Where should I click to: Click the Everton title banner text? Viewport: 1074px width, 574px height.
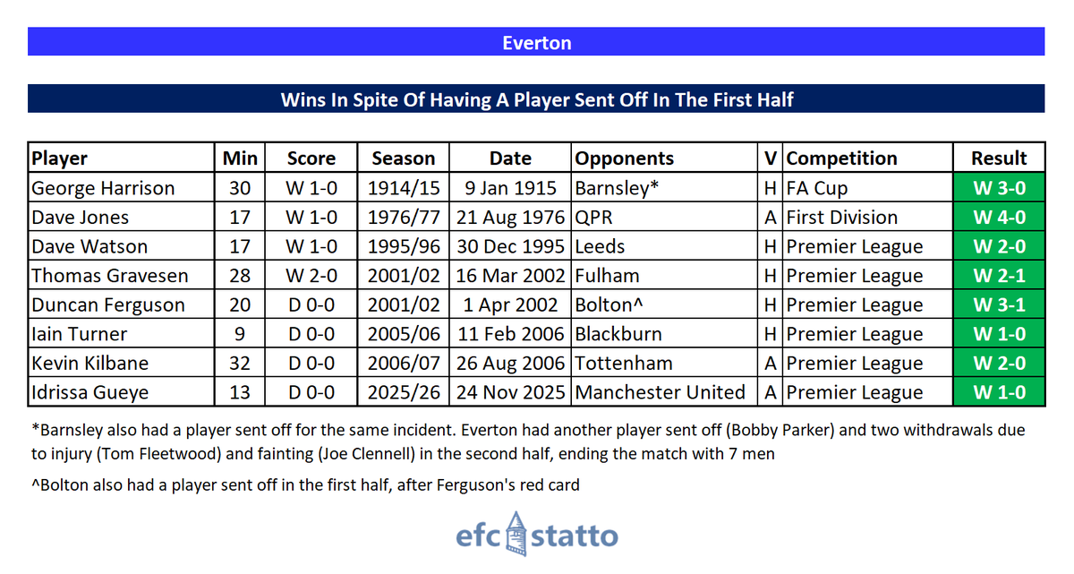click(536, 42)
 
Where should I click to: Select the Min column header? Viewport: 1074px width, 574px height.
click(240, 158)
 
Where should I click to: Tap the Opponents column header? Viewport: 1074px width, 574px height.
click(624, 158)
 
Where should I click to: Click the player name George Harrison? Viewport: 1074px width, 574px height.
click(103, 188)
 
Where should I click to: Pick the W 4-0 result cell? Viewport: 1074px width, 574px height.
click(999, 218)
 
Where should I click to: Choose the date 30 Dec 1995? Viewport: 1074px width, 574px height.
click(510, 246)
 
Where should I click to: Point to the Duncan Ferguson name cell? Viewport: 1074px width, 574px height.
click(107, 305)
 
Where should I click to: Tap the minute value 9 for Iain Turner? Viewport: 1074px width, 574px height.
click(240, 334)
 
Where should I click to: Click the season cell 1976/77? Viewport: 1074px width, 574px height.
click(403, 218)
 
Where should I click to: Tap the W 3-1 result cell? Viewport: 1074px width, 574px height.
click(999, 305)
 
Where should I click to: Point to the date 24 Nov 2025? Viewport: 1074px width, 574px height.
click(510, 392)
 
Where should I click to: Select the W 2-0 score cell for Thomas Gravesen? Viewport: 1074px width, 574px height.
click(311, 276)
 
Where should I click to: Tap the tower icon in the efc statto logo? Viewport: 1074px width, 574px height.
click(515, 535)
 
